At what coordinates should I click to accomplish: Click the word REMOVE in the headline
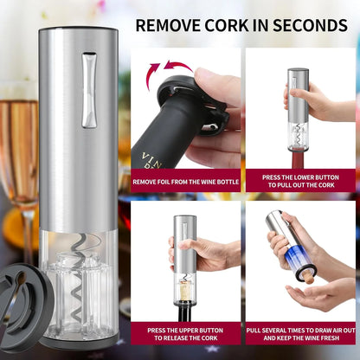click(169, 23)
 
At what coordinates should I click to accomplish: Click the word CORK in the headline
click(226, 23)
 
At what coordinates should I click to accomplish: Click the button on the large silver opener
click(89, 90)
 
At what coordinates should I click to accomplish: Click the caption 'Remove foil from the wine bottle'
click(185, 183)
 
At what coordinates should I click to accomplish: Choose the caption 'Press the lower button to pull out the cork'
click(299, 180)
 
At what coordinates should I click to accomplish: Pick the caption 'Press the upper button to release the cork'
click(185, 334)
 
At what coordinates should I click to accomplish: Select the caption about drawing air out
click(299, 334)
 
